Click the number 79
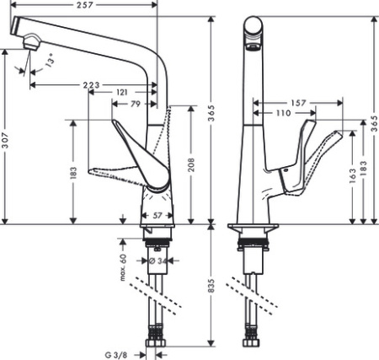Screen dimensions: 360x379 (x=135, y=104)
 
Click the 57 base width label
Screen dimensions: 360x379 (x=157, y=216)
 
